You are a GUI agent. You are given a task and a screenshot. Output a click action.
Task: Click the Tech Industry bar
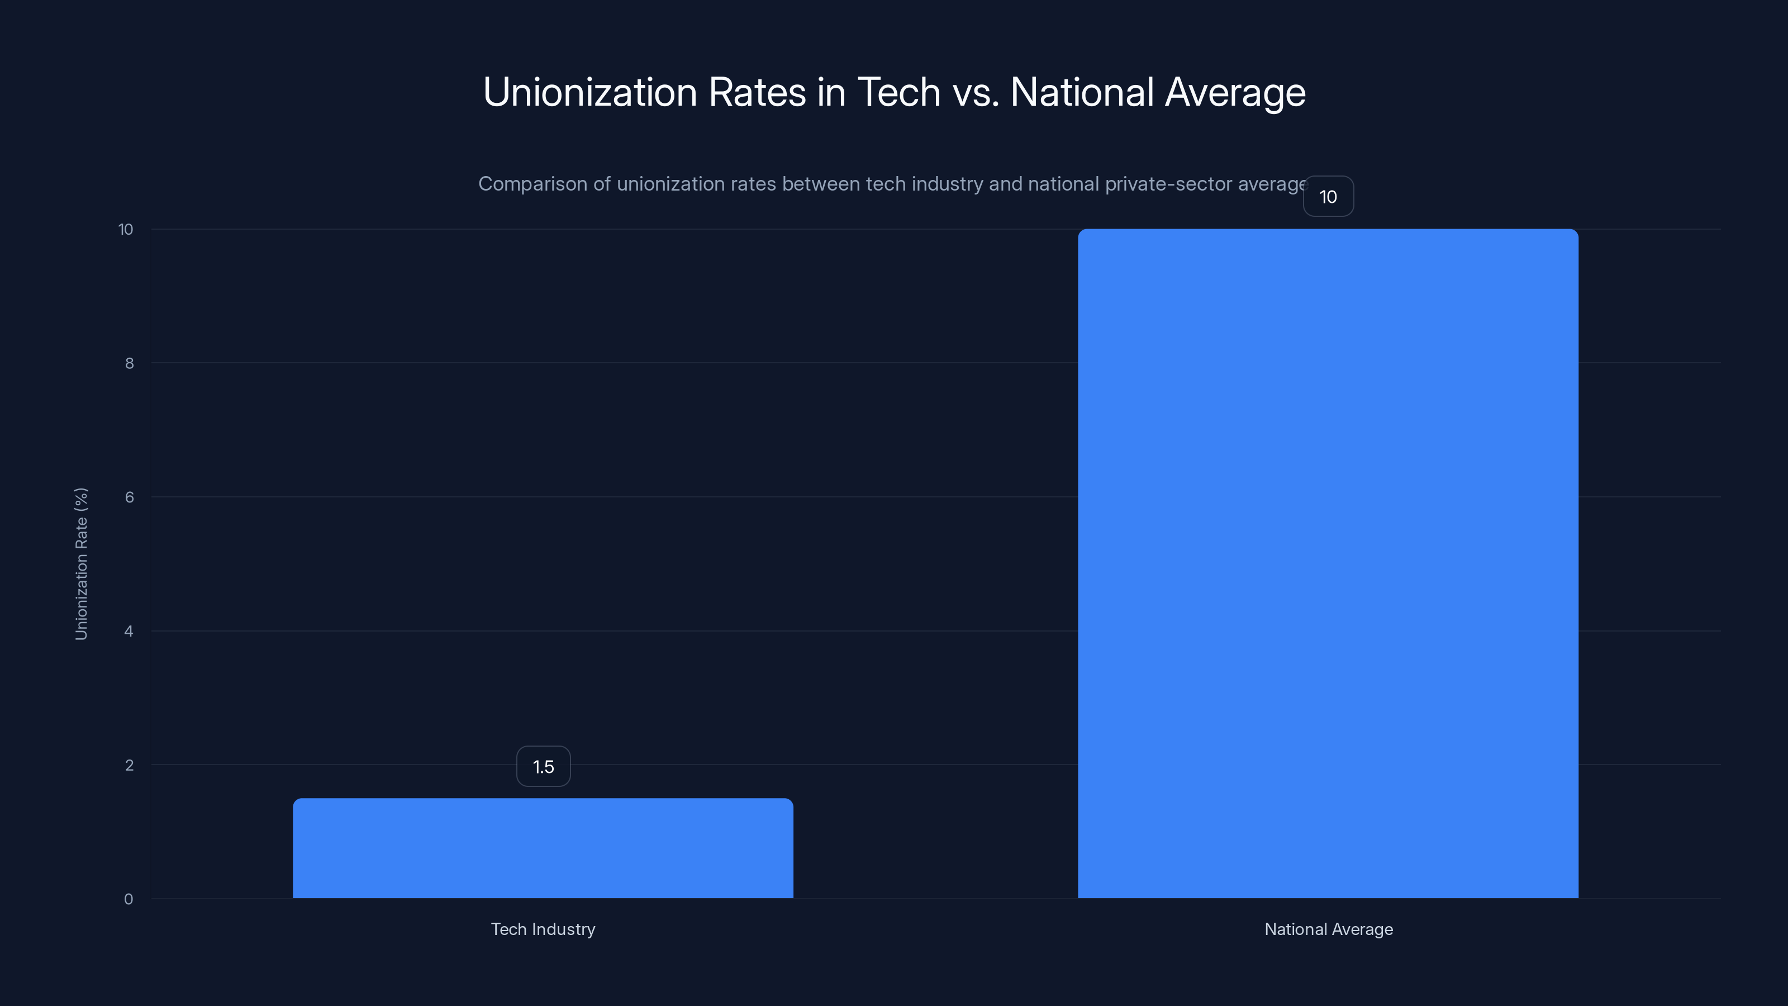click(543, 848)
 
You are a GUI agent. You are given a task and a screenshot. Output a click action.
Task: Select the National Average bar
click(1328, 563)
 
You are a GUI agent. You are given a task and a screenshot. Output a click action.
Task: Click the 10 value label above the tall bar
click(1328, 197)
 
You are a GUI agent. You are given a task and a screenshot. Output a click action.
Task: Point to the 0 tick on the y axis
click(129, 899)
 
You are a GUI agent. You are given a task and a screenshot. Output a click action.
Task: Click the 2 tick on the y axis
click(129, 765)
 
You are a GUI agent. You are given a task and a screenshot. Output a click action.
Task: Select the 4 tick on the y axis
click(129, 631)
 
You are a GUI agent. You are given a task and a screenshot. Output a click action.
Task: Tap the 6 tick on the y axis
click(129, 497)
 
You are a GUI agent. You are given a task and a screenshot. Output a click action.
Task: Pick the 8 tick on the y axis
click(129, 363)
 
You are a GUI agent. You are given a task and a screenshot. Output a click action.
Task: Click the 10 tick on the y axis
click(126, 229)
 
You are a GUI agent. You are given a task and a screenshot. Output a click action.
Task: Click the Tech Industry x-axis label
click(543, 929)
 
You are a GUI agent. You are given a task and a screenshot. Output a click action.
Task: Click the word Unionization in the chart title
click(590, 92)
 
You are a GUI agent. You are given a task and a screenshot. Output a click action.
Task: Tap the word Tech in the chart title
click(899, 92)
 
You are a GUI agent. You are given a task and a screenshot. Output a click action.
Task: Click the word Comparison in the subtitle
click(532, 184)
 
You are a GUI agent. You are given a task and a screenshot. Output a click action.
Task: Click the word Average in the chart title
click(1235, 92)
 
